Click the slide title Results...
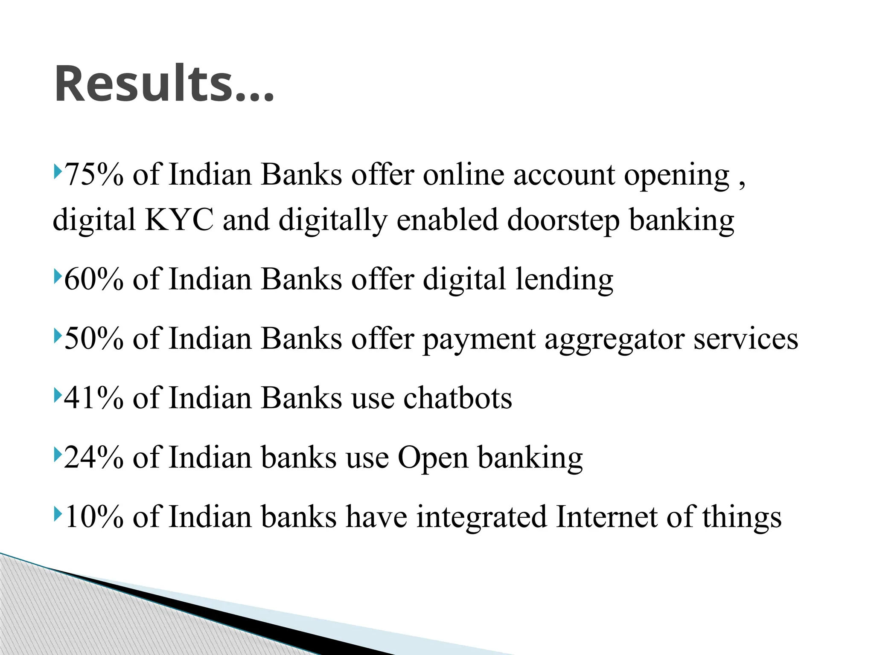pyautogui.click(x=164, y=84)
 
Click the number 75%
pyautogui.click(x=93, y=175)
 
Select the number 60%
pyautogui.click(x=93, y=279)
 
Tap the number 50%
pyautogui.click(x=93, y=339)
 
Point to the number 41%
pyautogui.click(x=93, y=398)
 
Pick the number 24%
pyautogui.click(x=93, y=457)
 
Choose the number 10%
pyautogui.click(x=93, y=516)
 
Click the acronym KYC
pyautogui.click(x=179, y=220)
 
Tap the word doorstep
pyautogui.click(x=563, y=220)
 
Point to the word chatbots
pyautogui.click(x=457, y=398)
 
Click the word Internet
pyautogui.click(x=606, y=516)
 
